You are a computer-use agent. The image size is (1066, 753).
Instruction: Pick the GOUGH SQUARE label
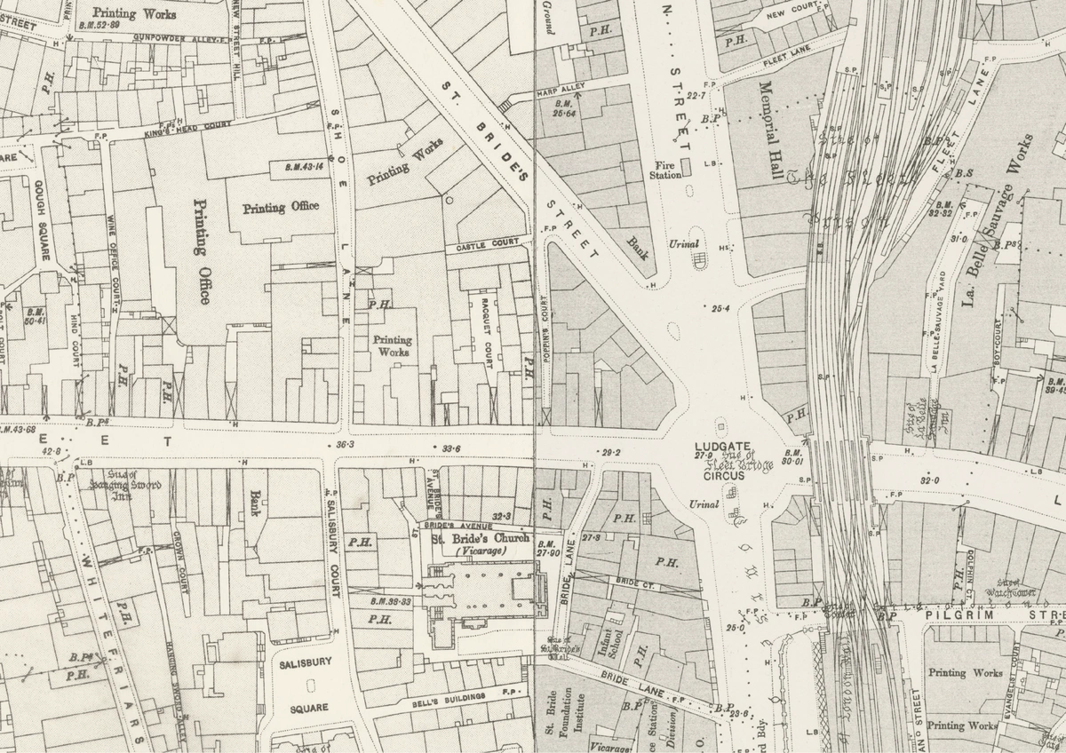point(41,220)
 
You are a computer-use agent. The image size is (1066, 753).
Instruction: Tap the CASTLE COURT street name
point(487,243)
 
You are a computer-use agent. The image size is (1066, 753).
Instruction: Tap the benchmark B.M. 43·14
point(303,166)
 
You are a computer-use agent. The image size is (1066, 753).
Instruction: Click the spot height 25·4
point(720,309)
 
